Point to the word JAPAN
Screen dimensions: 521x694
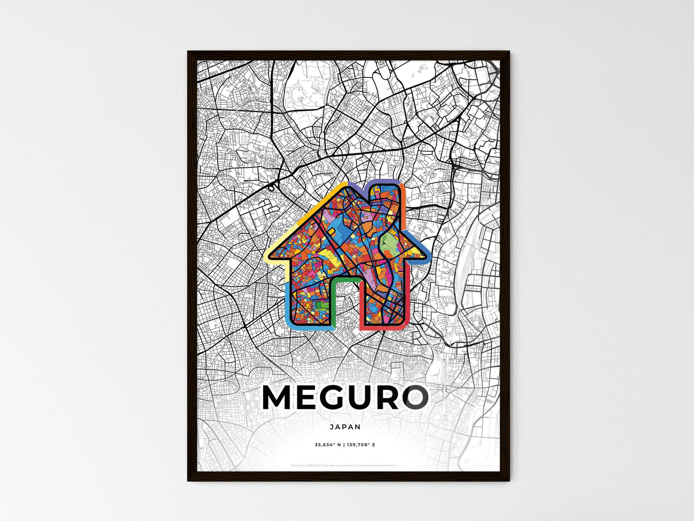point(345,426)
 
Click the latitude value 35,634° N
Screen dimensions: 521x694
point(328,445)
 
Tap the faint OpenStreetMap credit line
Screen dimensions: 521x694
point(345,465)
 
